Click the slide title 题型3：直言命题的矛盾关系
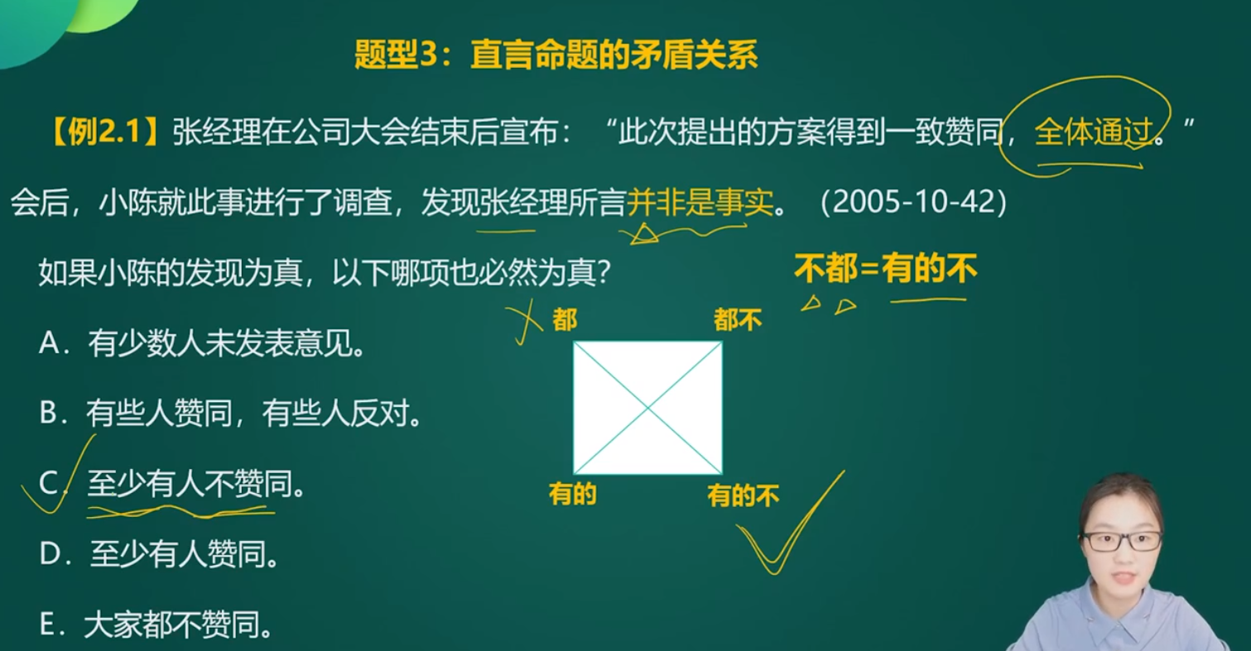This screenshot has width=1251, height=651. coord(556,55)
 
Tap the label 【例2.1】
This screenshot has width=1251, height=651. coord(103,132)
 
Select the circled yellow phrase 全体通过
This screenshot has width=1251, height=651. coord(1094,132)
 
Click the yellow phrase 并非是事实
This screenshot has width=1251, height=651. coord(700,202)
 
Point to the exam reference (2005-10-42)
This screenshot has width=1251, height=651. coord(914,202)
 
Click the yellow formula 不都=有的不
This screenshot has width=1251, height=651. coord(886,268)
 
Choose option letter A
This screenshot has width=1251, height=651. coord(50,342)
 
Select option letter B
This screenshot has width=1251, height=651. coord(49,414)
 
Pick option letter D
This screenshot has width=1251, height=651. coord(50,554)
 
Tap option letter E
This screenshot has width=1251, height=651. coord(48,625)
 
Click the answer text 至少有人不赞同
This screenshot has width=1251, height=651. coord(189,483)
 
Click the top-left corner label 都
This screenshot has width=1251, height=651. coord(564,319)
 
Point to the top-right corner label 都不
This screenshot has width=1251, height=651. coord(738,319)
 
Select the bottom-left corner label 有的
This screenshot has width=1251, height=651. coord(572,494)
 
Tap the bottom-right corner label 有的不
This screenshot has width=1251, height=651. coord(743,495)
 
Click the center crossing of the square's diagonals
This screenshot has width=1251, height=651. coord(647,408)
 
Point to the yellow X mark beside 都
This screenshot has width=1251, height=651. coord(525,323)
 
